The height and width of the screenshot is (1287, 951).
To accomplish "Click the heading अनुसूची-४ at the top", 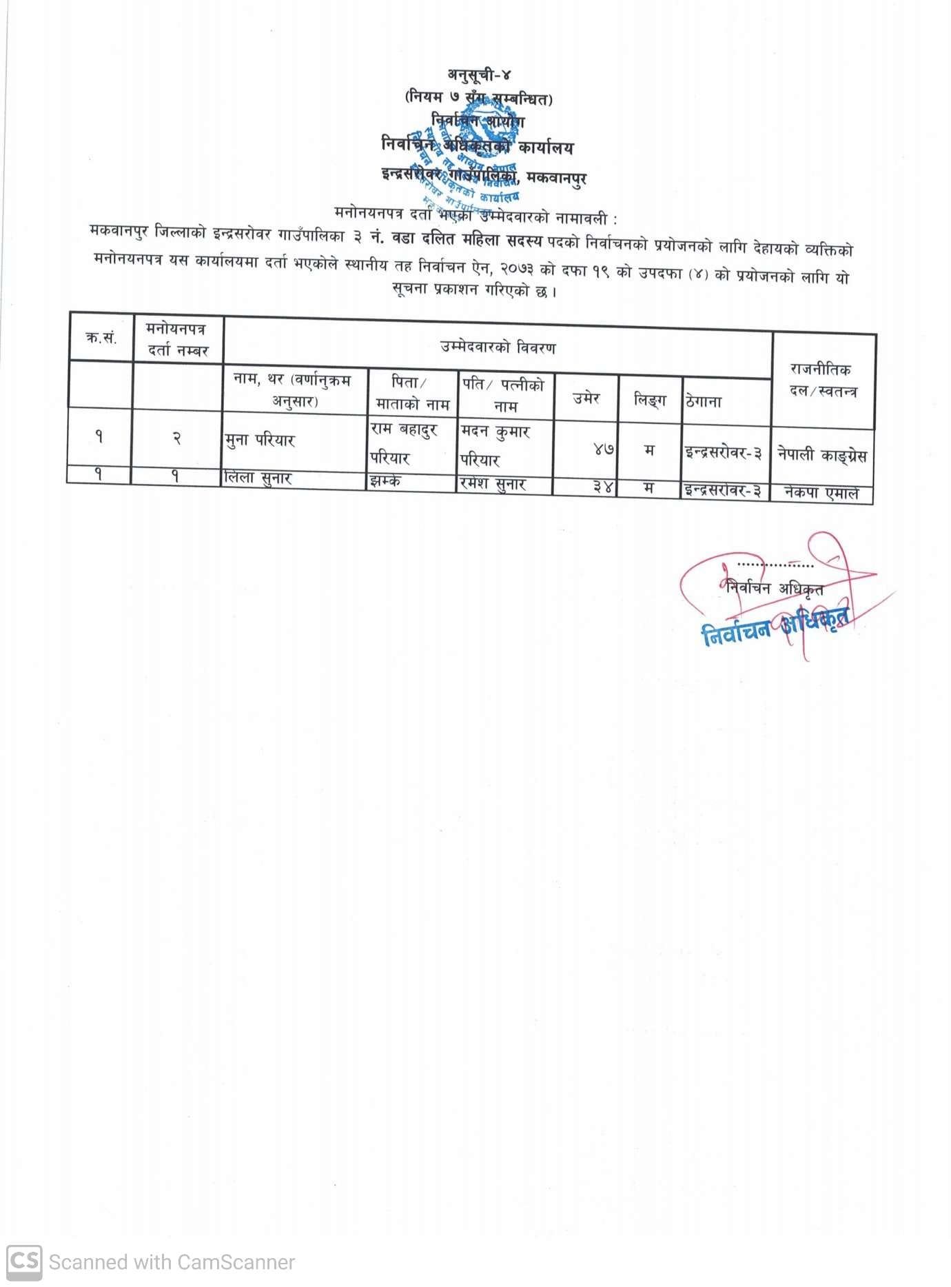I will pyautogui.click(x=480, y=74).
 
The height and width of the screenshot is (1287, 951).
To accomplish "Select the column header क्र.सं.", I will pyautogui.click(x=101, y=338).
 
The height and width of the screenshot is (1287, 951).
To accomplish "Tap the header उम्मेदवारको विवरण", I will pyautogui.click(x=498, y=347).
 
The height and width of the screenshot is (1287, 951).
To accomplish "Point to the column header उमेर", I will pyautogui.click(x=586, y=398).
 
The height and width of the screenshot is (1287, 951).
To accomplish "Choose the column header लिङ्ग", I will pyautogui.click(x=650, y=399).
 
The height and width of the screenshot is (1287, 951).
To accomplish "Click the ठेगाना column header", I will pyautogui.click(x=704, y=401).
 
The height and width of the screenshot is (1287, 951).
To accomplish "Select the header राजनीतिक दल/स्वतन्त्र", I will pyautogui.click(x=823, y=381).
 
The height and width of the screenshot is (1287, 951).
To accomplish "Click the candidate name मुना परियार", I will pyautogui.click(x=260, y=440).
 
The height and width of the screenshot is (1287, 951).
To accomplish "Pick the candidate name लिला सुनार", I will pyautogui.click(x=258, y=478).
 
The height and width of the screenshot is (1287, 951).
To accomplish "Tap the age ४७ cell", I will pyautogui.click(x=603, y=449).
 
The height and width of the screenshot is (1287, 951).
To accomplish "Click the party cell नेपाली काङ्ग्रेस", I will pyautogui.click(x=821, y=455).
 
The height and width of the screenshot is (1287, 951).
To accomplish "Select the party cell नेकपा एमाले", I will pyautogui.click(x=821, y=493).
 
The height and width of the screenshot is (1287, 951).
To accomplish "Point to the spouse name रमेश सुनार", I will pyautogui.click(x=493, y=484).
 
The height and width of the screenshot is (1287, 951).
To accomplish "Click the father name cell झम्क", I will pyautogui.click(x=385, y=481).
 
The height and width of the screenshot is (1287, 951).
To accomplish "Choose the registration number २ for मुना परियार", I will pyautogui.click(x=176, y=438).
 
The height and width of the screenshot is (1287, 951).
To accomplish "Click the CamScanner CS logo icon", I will pyautogui.click(x=24, y=1262).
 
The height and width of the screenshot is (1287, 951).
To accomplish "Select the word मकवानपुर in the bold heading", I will pyautogui.click(x=556, y=179).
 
